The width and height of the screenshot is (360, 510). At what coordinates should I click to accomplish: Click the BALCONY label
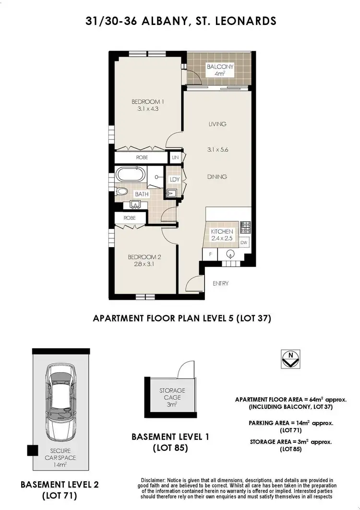click(220, 67)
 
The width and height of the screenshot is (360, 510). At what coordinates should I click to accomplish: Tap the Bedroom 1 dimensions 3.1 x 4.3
click(148, 109)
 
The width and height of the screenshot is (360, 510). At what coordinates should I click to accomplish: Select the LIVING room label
click(217, 124)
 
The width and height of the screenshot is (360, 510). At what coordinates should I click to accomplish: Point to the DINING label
click(217, 177)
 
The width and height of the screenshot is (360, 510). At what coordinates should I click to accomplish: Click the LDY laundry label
click(175, 179)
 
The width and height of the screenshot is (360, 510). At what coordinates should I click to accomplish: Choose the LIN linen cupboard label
click(176, 157)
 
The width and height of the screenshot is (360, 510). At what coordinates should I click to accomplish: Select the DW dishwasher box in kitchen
click(243, 242)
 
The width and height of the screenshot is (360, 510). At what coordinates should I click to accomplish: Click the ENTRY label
click(220, 284)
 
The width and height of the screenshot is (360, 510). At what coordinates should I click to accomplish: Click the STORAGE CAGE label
click(172, 394)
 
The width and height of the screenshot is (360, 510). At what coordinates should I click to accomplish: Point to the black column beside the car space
click(32, 451)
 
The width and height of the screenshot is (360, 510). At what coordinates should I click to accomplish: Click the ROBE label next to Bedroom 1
click(142, 157)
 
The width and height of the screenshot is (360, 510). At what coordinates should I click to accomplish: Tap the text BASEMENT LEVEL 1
click(170, 437)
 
